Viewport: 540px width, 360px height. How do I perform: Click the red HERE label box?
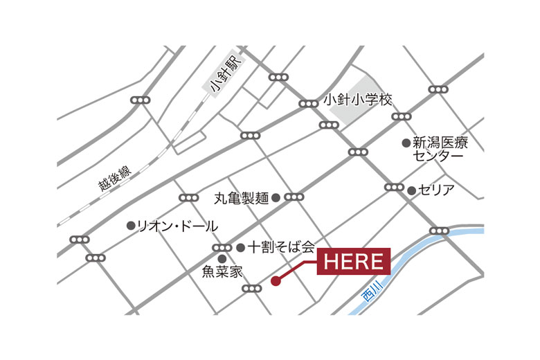pyautogui.click(x=354, y=262)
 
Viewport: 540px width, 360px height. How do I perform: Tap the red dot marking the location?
pyautogui.click(x=275, y=281)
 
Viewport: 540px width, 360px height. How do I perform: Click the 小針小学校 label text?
pyautogui.click(x=358, y=100)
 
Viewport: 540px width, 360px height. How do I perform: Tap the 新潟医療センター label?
pyautogui.click(x=440, y=150)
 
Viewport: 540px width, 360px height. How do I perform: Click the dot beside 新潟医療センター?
pyautogui.click(x=406, y=144)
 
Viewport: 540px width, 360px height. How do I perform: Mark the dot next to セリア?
pyautogui.click(x=411, y=190)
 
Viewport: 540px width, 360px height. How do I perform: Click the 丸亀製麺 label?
pyautogui.click(x=241, y=198)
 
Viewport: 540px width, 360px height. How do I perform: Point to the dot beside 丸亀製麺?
pyautogui.click(x=276, y=197)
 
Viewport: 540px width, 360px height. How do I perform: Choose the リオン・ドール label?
pyautogui.click(x=177, y=226)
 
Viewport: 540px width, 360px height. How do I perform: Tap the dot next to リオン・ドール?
pyautogui.click(x=130, y=225)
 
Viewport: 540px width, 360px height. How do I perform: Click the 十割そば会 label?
pyautogui.click(x=281, y=246)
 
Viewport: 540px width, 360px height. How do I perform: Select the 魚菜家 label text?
pyautogui.click(x=222, y=272)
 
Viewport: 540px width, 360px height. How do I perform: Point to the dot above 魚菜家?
pyautogui.click(x=222, y=258)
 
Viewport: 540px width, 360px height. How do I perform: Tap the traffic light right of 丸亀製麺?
pyautogui.click(x=294, y=197)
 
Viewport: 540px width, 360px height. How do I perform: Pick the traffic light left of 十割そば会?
pyautogui.click(x=222, y=248)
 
